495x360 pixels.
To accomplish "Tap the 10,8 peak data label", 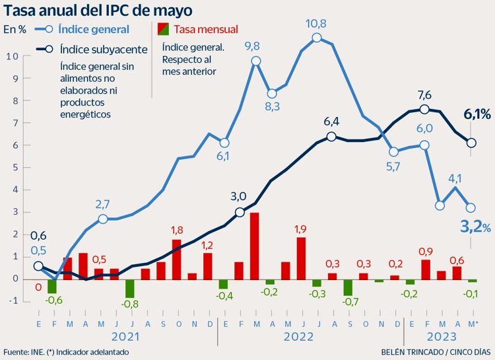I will (x=316, y=24).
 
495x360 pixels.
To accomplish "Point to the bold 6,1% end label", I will (x=477, y=115).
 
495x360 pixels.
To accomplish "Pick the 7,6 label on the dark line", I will (x=424, y=94).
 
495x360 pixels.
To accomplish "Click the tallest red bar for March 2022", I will (x=254, y=246).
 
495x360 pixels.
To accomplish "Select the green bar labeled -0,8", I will (x=130, y=288).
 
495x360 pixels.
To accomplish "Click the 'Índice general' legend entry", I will (x=93, y=29).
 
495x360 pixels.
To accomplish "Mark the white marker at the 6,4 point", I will (x=332, y=137).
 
